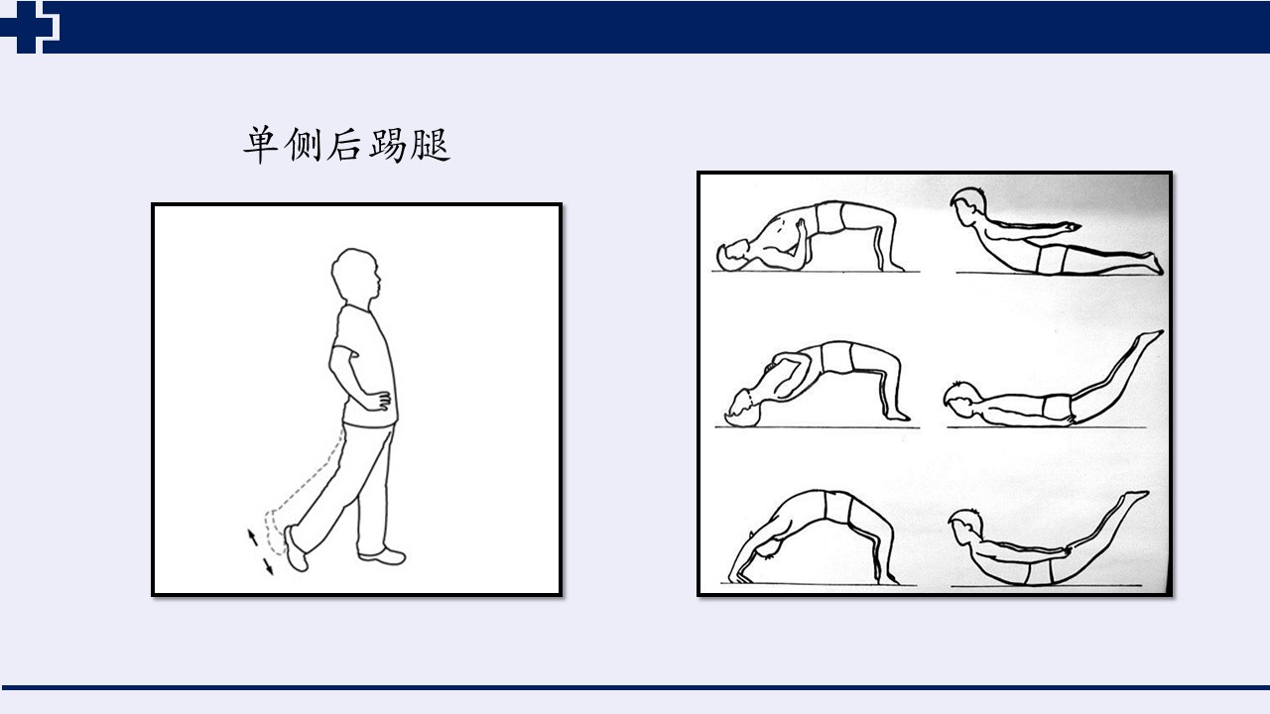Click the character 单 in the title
260,145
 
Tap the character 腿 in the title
431,145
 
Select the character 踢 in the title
388,145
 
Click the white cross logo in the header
29,27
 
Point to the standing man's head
356,276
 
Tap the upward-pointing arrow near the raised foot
252,535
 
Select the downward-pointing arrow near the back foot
268,566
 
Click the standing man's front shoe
383,554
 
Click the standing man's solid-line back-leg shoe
296,548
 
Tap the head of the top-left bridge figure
732,256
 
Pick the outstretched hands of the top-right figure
1071,227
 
